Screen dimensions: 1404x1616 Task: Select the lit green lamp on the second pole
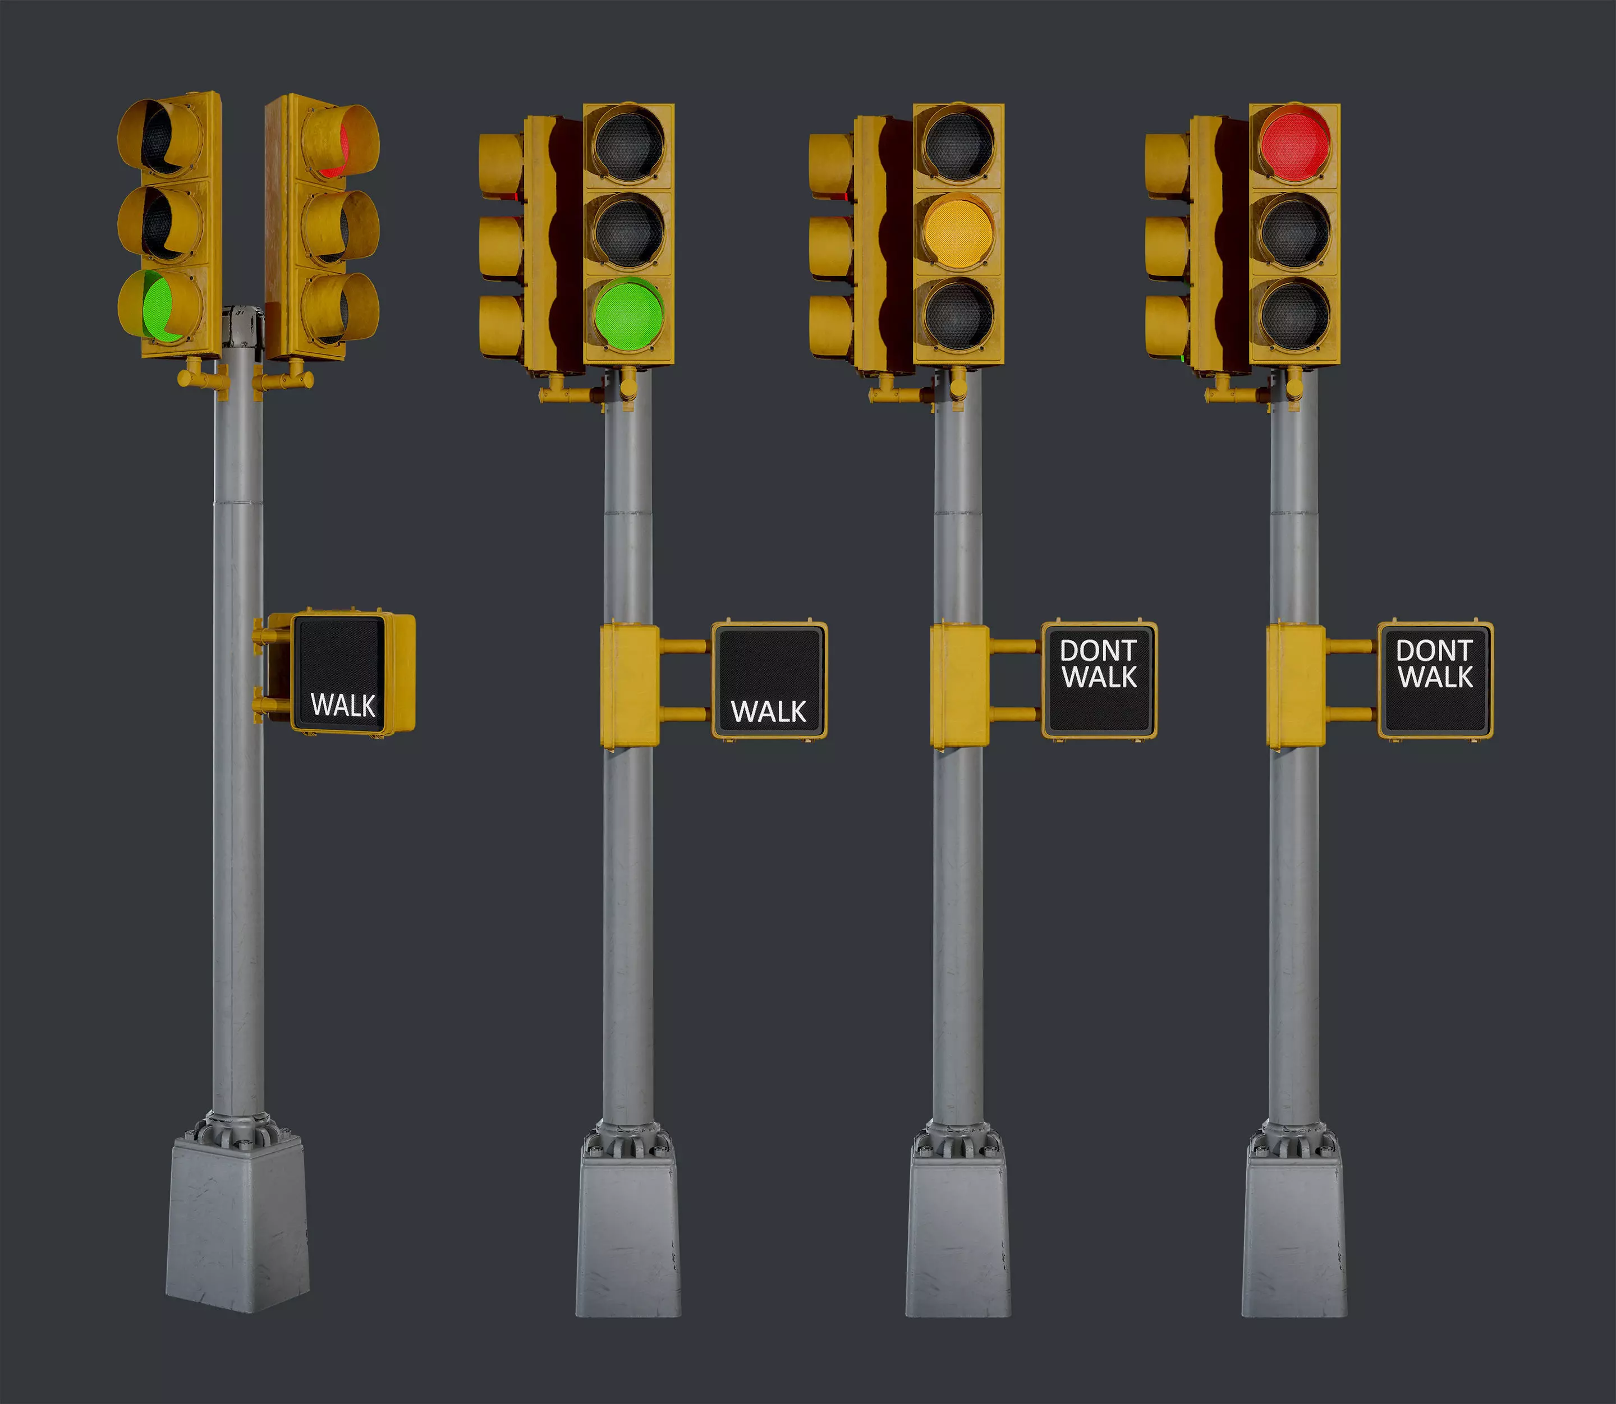click(628, 315)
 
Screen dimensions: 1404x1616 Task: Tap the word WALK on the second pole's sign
click(768, 711)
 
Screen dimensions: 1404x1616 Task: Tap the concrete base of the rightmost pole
click(1293, 1238)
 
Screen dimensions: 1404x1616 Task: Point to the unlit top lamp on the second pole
click(628, 146)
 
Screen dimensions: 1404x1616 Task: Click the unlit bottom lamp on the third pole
click(958, 315)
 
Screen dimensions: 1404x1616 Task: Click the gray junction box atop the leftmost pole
click(242, 326)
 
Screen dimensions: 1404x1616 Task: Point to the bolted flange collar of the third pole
click(958, 1140)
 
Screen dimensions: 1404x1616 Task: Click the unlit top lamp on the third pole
click(958, 146)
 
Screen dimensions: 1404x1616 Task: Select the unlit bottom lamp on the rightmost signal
click(1294, 315)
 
